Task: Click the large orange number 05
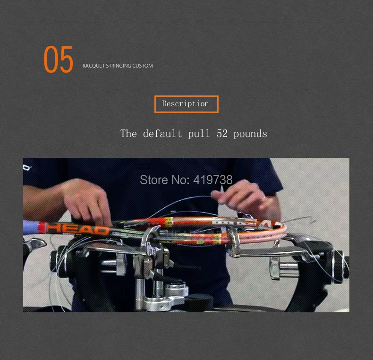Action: click(58, 59)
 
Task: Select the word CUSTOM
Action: click(143, 66)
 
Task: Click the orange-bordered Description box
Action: click(186, 104)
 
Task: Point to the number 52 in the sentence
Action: click(222, 134)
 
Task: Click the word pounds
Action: click(250, 134)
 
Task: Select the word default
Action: click(162, 133)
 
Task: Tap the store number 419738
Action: click(213, 180)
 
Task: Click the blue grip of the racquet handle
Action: click(31, 227)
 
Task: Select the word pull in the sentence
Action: click(199, 134)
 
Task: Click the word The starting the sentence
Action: click(128, 133)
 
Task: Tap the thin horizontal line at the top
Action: click(189, 22)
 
